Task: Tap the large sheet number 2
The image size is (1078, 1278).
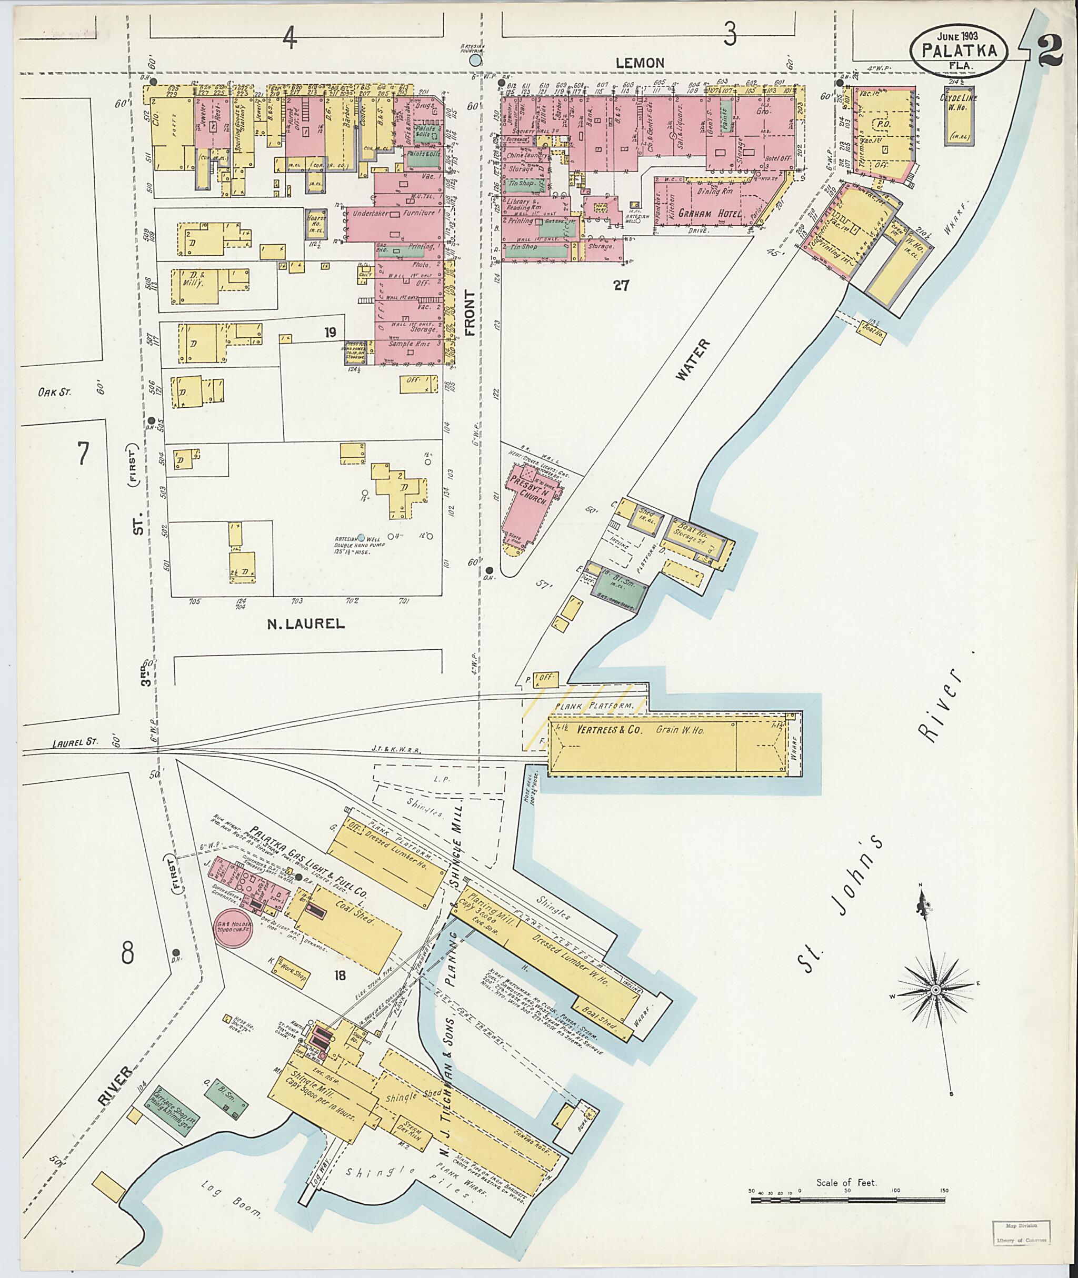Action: pyautogui.click(x=1049, y=54)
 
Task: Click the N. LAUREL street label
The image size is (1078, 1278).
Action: pyautogui.click(x=305, y=623)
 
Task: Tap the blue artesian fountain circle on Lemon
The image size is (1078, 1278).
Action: pyautogui.click(x=475, y=61)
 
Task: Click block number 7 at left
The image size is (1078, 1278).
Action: pyautogui.click(x=83, y=454)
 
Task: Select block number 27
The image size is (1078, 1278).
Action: pyautogui.click(x=621, y=285)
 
